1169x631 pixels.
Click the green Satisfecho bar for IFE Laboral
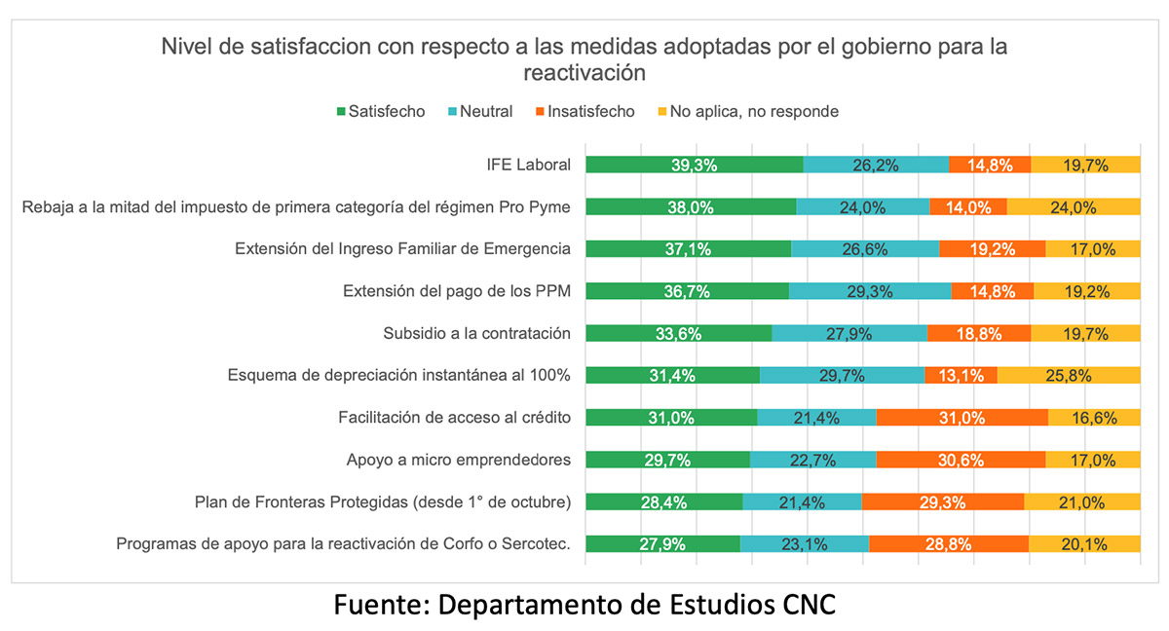tap(694, 165)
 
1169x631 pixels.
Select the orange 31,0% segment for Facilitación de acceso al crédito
tap(962, 417)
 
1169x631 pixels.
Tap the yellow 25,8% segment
tap(1068, 375)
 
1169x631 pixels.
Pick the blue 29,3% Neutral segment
tap(869, 291)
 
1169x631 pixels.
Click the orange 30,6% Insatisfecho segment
tap(961, 460)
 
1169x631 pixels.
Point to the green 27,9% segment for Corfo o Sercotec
tap(662, 544)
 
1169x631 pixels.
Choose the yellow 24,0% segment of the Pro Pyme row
tap(1073, 206)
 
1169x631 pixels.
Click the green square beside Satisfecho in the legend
tap(342, 112)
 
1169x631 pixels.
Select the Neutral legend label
tap(486, 112)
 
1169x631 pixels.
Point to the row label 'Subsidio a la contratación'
tap(476, 333)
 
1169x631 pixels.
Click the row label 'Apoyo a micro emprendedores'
tap(458, 460)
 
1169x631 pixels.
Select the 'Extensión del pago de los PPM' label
tap(457, 291)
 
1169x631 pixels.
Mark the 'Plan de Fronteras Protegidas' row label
tap(383, 502)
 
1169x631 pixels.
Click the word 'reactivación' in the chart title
tap(584, 73)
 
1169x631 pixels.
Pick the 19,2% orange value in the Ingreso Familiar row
tap(992, 249)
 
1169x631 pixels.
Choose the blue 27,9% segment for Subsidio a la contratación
tap(848, 333)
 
